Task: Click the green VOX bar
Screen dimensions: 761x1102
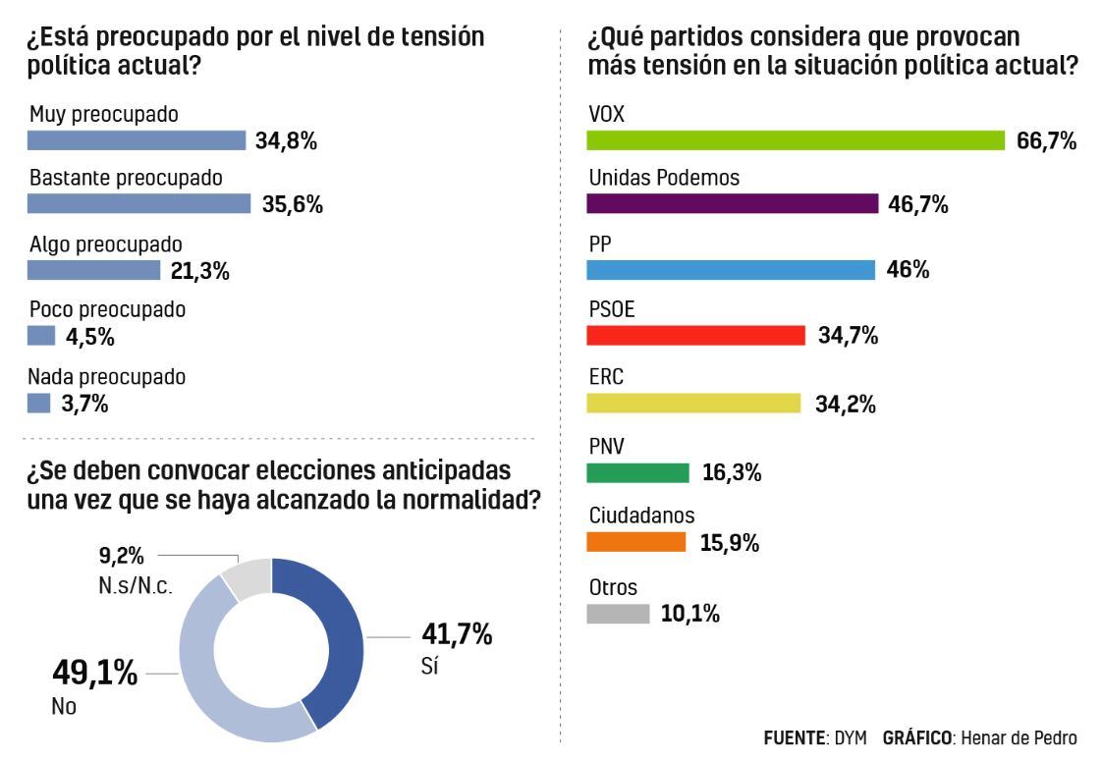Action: coord(796,140)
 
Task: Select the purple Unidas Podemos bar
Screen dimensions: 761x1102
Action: coord(732,203)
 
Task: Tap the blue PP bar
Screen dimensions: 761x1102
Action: coord(730,270)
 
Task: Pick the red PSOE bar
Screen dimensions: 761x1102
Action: coord(695,336)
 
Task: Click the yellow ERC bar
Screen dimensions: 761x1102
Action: coord(693,403)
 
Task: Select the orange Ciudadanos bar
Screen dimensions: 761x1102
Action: coord(635,542)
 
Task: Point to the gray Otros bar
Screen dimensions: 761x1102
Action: coord(618,614)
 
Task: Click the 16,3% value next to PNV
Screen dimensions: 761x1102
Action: coord(733,473)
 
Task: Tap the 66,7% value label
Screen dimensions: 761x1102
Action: coord(1047,141)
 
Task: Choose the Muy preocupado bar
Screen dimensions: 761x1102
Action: coord(137,140)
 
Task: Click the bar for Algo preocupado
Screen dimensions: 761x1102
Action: coord(93,270)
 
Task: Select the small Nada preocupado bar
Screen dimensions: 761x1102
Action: coord(38,403)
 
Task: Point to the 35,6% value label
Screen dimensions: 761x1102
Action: coord(293,205)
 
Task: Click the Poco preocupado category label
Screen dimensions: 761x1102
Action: coord(107,309)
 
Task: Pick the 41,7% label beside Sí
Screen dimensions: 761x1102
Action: coord(457,634)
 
